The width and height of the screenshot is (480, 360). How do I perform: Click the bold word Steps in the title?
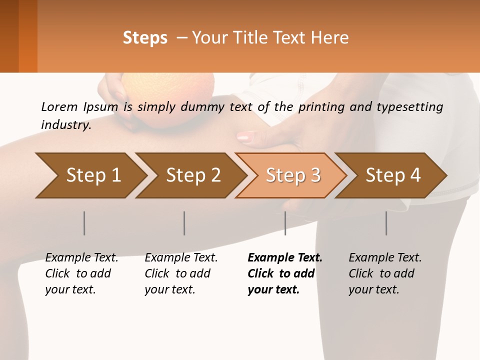pyautogui.click(x=145, y=38)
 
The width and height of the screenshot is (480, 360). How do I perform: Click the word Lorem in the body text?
pyautogui.click(x=58, y=106)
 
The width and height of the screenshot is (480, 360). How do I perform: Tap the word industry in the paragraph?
pyautogui.click(x=65, y=125)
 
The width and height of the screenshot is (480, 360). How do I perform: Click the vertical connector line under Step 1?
pyautogui.click(x=84, y=223)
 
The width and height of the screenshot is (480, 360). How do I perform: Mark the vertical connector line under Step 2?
pyautogui.click(x=184, y=223)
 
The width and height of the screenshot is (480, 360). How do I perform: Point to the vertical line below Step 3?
pyautogui.click(x=285, y=223)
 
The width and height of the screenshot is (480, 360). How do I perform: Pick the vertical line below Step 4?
pyautogui.click(x=386, y=223)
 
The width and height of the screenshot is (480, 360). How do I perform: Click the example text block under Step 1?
pyautogui.click(x=81, y=273)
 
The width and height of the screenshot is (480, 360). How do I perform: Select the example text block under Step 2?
pyautogui.click(x=181, y=273)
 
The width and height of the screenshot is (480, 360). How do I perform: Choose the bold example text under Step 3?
pyautogui.click(x=285, y=273)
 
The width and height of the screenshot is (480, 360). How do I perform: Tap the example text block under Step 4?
pyautogui.click(x=385, y=273)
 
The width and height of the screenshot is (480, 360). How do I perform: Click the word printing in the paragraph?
pyautogui.click(x=327, y=106)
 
